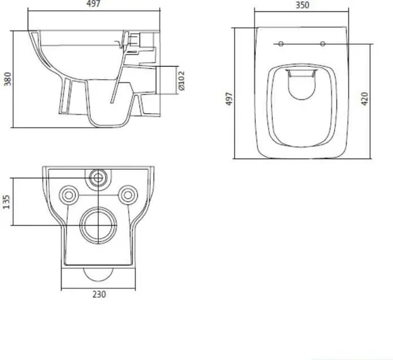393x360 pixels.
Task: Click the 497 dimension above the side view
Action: [93, 3]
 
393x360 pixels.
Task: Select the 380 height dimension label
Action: [8, 79]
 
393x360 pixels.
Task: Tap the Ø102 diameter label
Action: [181, 80]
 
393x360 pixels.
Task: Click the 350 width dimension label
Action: [302, 5]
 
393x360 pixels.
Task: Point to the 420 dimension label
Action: [364, 99]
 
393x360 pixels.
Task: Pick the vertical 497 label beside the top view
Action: [229, 99]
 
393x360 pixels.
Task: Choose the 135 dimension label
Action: [6, 202]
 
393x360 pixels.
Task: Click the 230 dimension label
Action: [99, 295]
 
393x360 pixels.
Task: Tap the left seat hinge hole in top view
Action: [281, 44]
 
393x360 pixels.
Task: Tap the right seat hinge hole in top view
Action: [323, 44]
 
